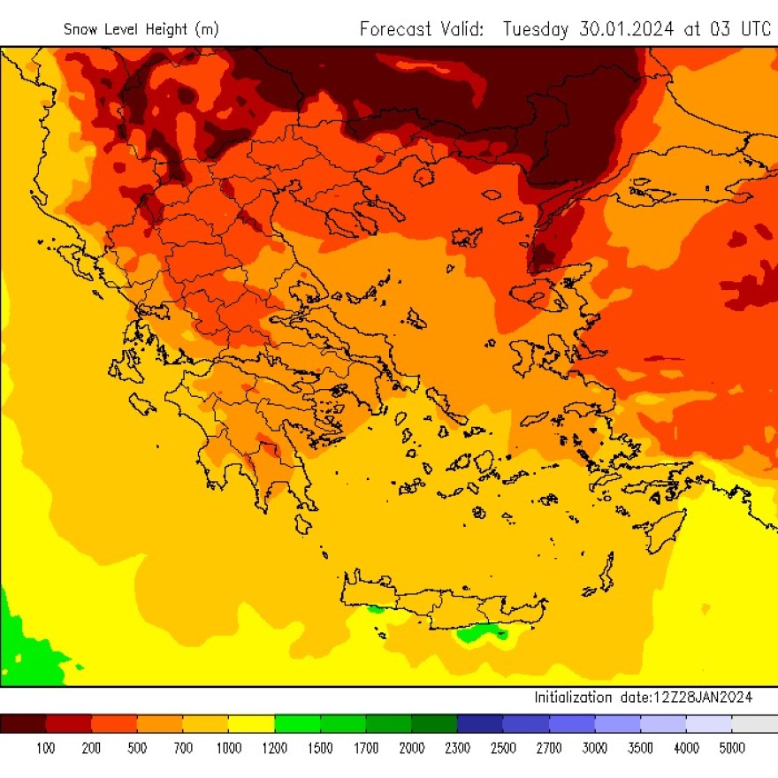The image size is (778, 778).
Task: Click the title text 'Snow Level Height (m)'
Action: [x=141, y=29]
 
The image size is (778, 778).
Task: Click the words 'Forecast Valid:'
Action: [x=422, y=28]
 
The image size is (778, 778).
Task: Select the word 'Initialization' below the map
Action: [x=572, y=698]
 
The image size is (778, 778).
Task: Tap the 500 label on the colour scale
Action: [x=138, y=749]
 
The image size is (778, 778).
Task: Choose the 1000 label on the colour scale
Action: [x=229, y=749]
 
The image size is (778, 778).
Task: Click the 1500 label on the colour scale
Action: [x=320, y=749]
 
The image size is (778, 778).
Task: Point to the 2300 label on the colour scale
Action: [x=457, y=749]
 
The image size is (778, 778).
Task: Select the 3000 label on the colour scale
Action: [x=594, y=749]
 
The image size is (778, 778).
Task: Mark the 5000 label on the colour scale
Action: [x=731, y=749]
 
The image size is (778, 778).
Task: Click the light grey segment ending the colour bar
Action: [x=754, y=724]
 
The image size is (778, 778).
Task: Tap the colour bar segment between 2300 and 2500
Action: [x=480, y=724]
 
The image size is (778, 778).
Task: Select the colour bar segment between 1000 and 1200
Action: [x=252, y=724]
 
